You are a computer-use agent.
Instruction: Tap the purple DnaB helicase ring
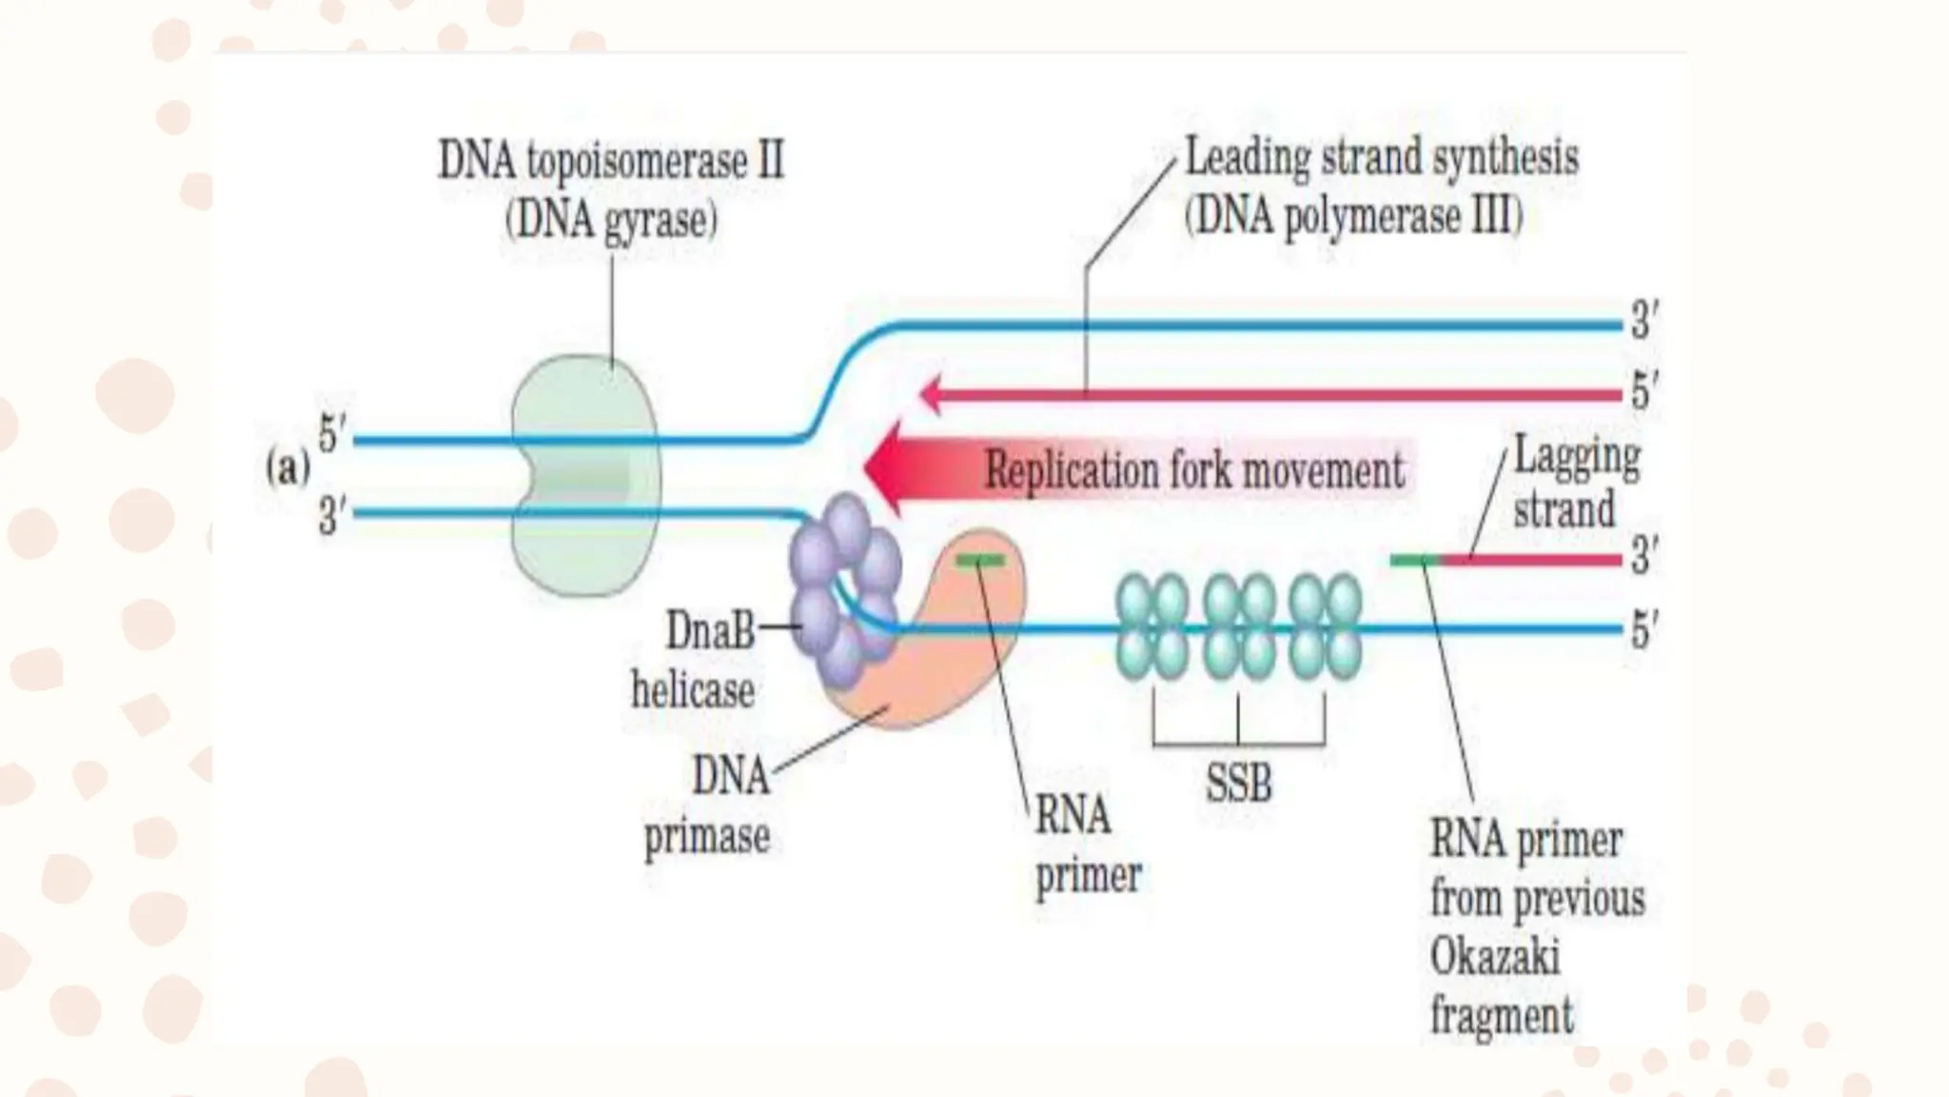click(x=843, y=590)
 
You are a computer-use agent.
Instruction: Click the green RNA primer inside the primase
click(x=980, y=561)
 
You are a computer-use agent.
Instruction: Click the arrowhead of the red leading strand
click(x=931, y=394)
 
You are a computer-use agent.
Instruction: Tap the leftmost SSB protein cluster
click(x=1152, y=627)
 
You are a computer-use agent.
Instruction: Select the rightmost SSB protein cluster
click(x=1326, y=627)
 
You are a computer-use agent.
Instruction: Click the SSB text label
click(x=1238, y=785)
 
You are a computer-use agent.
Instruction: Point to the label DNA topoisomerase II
click(x=611, y=160)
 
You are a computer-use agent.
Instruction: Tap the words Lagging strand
click(x=1575, y=482)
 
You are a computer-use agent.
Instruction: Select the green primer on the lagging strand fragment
click(x=1415, y=561)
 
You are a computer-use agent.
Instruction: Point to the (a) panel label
click(x=287, y=469)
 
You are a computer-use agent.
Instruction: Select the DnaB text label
click(x=710, y=629)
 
